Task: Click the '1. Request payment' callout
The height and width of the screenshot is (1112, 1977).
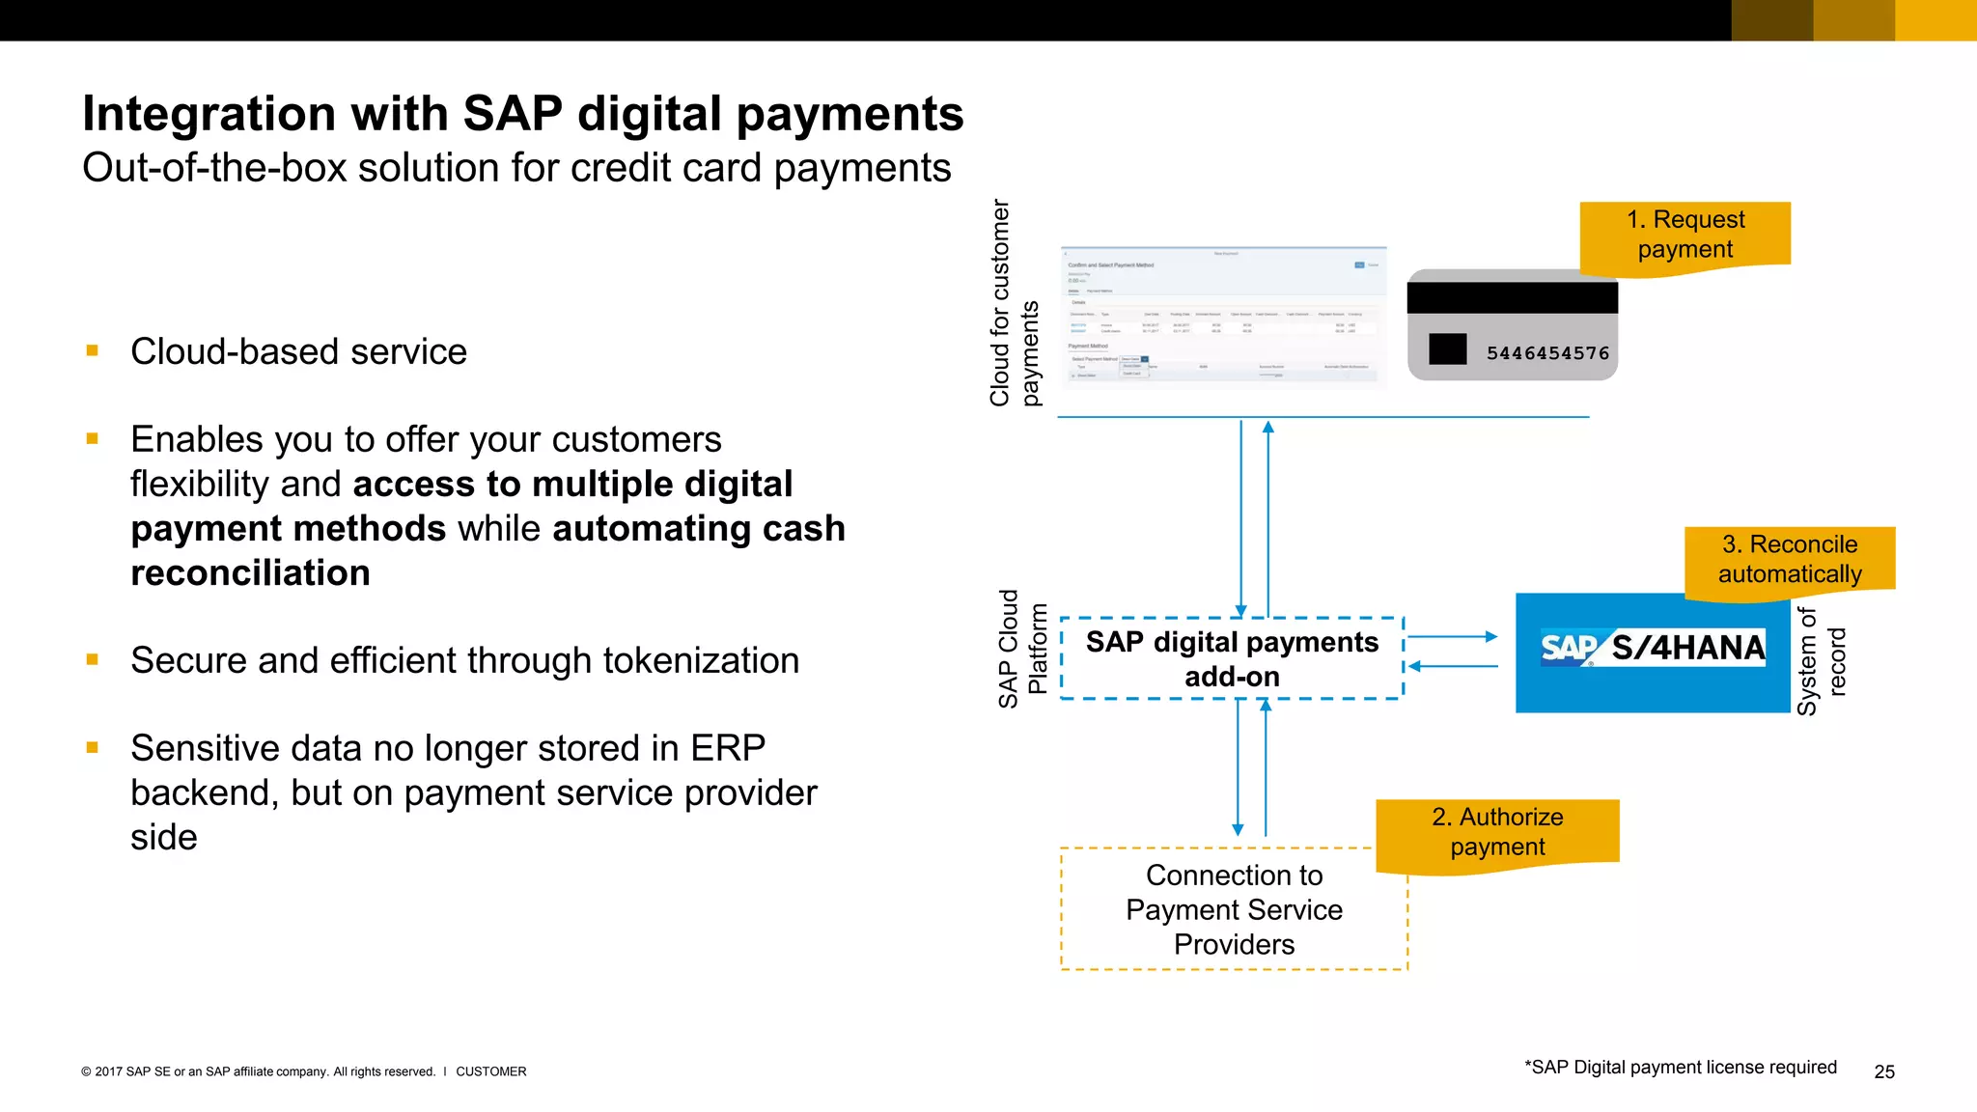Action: [1685, 235]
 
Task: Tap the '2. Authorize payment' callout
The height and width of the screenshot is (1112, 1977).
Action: [1497, 832]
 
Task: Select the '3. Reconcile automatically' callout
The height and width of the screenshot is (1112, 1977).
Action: [1790, 560]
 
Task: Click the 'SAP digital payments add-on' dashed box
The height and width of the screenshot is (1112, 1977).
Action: [1232, 659]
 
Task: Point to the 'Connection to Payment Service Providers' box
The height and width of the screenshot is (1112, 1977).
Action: [1234, 909]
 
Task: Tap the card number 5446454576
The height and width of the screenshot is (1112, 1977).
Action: [1547, 353]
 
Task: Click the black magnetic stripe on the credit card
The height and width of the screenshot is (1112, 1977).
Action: [1512, 297]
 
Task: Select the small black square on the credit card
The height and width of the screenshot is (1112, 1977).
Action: [1447, 348]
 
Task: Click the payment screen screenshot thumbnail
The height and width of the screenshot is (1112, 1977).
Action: [1223, 317]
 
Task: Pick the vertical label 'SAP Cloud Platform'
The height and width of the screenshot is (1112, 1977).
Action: [1021, 649]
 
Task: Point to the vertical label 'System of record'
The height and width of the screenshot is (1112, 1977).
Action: [1821, 661]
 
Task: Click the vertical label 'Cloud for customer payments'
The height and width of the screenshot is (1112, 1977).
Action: [1014, 303]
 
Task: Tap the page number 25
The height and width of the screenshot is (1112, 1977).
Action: [1883, 1071]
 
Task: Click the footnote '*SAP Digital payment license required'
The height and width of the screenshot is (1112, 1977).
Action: [1680, 1067]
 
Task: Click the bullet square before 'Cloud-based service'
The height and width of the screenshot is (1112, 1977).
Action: [93, 351]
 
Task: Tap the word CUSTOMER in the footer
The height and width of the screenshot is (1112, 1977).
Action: [490, 1071]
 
